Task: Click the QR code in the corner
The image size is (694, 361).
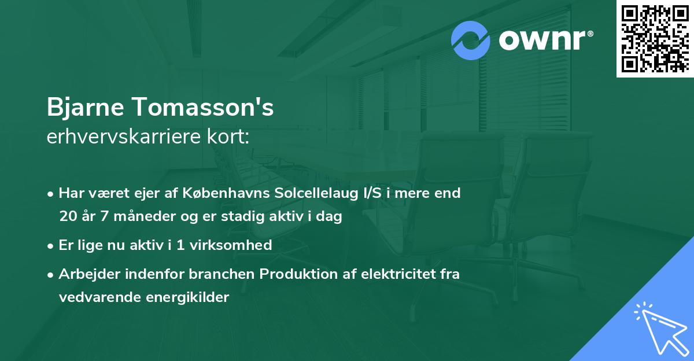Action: pyautogui.click(x=655, y=38)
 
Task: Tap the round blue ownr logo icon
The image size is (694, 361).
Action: pyautogui.click(x=471, y=40)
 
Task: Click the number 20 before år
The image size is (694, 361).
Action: pyautogui.click(x=67, y=217)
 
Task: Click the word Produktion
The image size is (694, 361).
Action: pyautogui.click(x=294, y=274)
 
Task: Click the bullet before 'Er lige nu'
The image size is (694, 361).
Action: pyautogui.click(x=51, y=246)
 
